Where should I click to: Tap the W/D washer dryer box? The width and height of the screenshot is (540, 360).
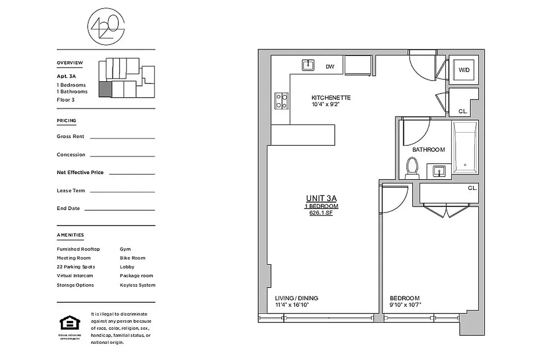[x=463, y=70]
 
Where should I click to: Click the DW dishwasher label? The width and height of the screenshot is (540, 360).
[x=330, y=67]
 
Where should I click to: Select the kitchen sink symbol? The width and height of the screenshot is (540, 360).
[x=308, y=65]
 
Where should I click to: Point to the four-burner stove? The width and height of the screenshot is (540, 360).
[x=282, y=101]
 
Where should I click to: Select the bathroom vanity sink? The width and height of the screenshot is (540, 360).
[x=439, y=171]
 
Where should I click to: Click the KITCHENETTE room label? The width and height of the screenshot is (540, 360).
[x=331, y=98]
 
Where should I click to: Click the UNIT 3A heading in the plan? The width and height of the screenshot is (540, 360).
[x=321, y=198]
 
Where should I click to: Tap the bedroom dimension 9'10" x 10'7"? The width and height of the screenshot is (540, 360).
[x=405, y=305]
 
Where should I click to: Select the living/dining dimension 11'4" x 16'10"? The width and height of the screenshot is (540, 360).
[x=292, y=305]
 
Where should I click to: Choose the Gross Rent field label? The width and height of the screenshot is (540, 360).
[x=70, y=136]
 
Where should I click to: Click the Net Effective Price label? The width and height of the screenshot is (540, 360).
[x=80, y=172]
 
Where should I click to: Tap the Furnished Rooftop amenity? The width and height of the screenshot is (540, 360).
[x=78, y=249]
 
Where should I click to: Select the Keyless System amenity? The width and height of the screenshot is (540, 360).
[x=137, y=285]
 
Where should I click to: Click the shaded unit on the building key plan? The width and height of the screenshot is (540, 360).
[x=104, y=89]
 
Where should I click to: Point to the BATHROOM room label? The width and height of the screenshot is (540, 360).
[x=428, y=150]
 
